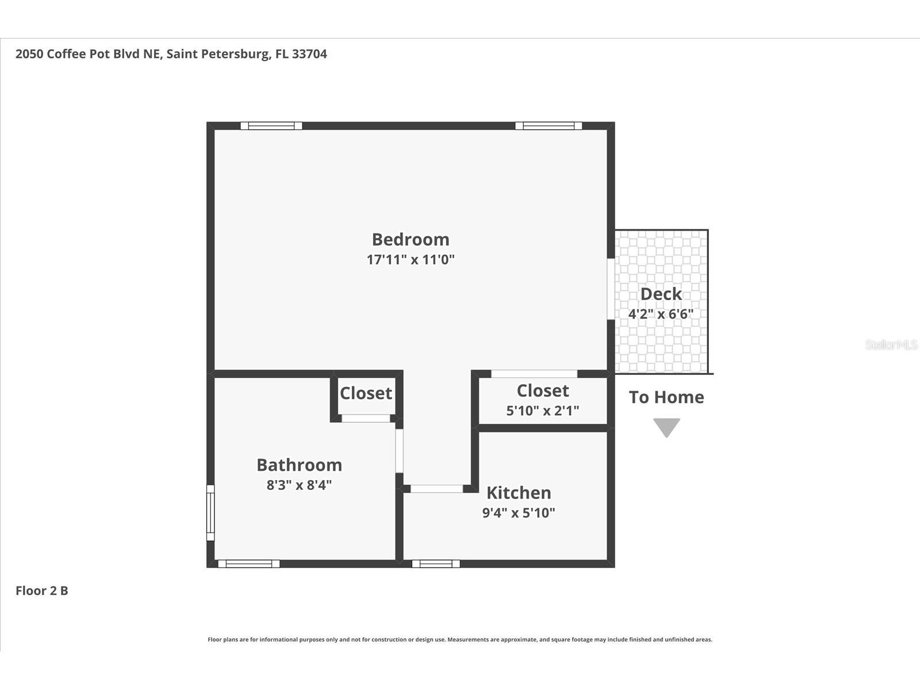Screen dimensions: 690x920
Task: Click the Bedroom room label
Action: [x=411, y=239]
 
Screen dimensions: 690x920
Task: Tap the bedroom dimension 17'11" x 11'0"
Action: [x=411, y=259]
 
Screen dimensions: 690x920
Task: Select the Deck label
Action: [x=661, y=294]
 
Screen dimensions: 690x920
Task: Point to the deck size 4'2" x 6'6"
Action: [x=661, y=314]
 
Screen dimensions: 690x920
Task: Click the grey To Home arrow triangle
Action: [x=666, y=427]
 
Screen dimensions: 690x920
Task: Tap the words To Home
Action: [x=666, y=397]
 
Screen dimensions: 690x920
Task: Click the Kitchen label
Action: [x=519, y=493]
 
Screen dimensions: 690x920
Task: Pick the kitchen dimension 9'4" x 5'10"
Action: [x=519, y=513]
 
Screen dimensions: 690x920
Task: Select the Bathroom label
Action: [x=299, y=465]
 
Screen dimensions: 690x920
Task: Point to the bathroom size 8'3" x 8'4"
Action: [x=299, y=485]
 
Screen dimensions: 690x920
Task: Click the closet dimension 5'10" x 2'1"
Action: [x=542, y=411]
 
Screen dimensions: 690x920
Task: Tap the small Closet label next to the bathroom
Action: [x=366, y=393]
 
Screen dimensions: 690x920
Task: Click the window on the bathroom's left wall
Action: [x=210, y=513]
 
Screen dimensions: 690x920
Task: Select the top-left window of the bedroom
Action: [x=271, y=126]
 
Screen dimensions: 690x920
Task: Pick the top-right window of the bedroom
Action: [x=549, y=126]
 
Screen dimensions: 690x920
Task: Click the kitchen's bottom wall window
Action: [x=436, y=564]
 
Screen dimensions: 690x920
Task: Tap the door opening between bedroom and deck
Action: [x=611, y=289]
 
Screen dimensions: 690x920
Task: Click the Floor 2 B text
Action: [x=41, y=591]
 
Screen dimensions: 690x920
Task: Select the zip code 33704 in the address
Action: [x=309, y=54]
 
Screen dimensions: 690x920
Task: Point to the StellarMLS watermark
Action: [x=892, y=345]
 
